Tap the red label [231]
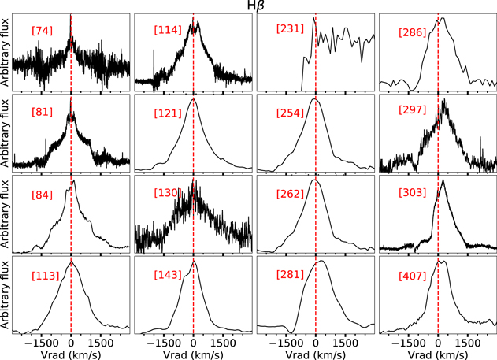[x=290, y=30]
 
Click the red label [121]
[x=169, y=112]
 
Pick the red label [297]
[x=413, y=112]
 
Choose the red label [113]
[x=45, y=275]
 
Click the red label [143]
[x=169, y=275]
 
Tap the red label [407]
[x=413, y=275]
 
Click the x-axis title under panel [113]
[x=71, y=353]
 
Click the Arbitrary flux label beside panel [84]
[x=6, y=211]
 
